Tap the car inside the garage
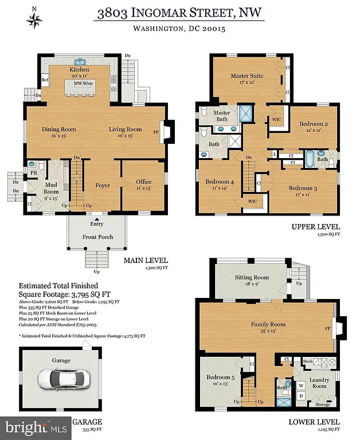coord(61,379)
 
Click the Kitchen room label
coord(80,69)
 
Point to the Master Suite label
coord(246,76)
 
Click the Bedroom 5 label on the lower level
coord(220,377)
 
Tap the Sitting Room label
coord(252,278)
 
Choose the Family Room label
coord(268,325)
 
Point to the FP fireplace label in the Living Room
coord(156,131)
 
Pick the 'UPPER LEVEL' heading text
coord(316,226)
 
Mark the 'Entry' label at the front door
coord(96,224)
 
